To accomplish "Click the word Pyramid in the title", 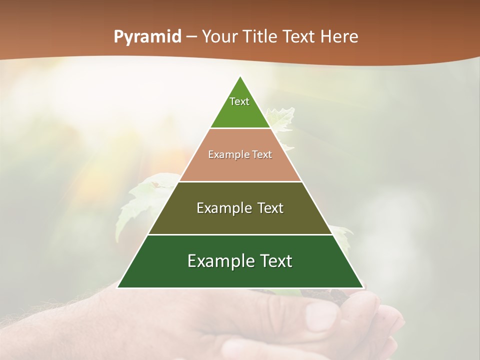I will click(147, 37).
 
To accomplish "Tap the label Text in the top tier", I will click(239, 101).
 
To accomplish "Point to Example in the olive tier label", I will click(218, 208).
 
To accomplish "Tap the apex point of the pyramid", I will click(240, 76).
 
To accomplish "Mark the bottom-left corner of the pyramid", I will click(118, 287).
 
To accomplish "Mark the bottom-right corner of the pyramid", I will click(363, 287).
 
